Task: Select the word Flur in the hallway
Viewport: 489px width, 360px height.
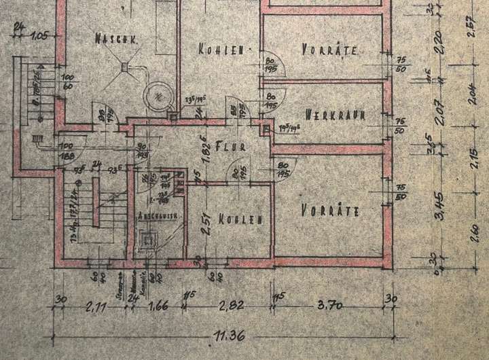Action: click(x=225, y=145)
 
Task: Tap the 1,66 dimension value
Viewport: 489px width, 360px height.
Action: click(x=158, y=308)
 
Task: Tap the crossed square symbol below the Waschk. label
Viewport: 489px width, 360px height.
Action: click(x=125, y=66)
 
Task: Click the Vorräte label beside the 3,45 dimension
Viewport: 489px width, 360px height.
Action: click(x=329, y=211)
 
